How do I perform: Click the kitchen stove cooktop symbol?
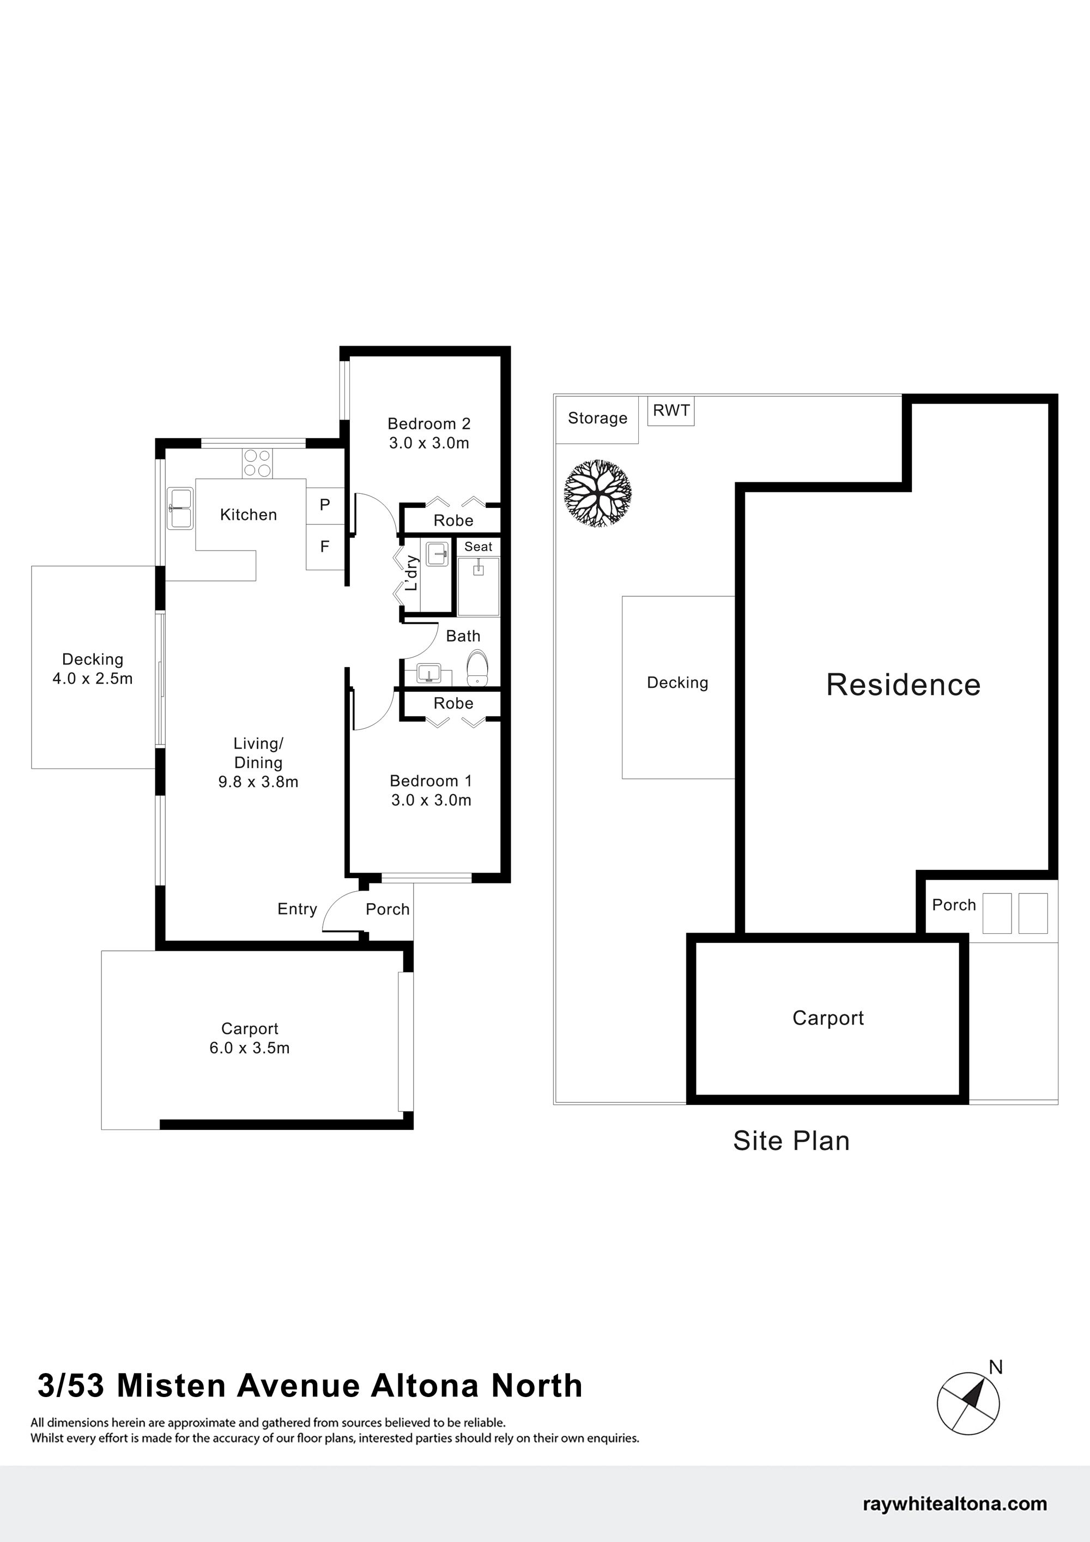(x=258, y=463)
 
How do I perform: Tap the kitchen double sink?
(x=180, y=509)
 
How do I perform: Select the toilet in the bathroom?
(x=477, y=668)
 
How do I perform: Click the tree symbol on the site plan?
(x=598, y=493)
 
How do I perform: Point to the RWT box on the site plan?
(x=671, y=411)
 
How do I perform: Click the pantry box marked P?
(x=325, y=505)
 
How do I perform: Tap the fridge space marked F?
(x=325, y=547)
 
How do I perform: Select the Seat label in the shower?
(x=478, y=547)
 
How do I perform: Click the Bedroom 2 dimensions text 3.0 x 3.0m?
(x=429, y=443)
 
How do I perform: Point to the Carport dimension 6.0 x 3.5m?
(x=250, y=1048)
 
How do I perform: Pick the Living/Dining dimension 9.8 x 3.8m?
(x=258, y=782)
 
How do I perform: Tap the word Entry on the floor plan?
(x=297, y=909)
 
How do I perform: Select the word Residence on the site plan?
(x=903, y=685)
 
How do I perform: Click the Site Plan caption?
(x=791, y=1141)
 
